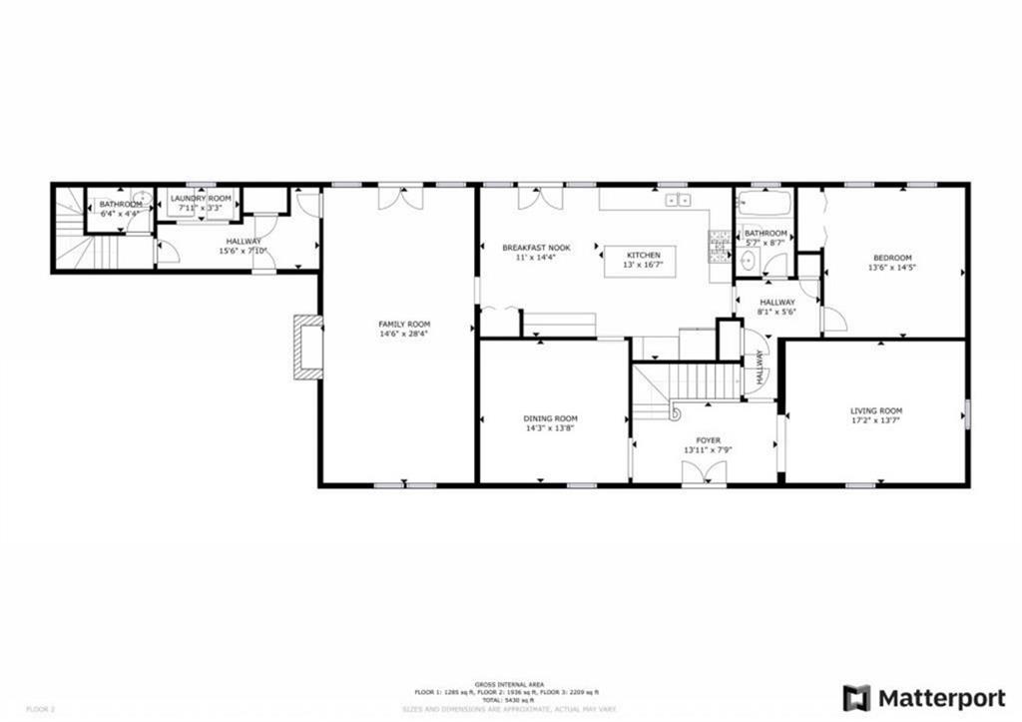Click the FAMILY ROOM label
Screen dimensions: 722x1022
[x=403, y=324]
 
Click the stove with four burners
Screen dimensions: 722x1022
[x=719, y=246]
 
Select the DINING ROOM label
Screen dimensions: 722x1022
[x=550, y=418]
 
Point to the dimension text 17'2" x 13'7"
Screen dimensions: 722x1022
[x=875, y=420]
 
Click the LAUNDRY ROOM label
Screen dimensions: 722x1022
[x=201, y=198]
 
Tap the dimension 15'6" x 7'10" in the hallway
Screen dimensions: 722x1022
[x=243, y=251]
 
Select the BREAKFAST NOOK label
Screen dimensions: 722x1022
[x=535, y=248]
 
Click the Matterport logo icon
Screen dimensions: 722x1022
[x=855, y=697]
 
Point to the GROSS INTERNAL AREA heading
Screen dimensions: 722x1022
[x=506, y=683]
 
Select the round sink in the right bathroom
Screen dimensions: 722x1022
[x=749, y=263]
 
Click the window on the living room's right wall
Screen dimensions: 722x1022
[x=966, y=411]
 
